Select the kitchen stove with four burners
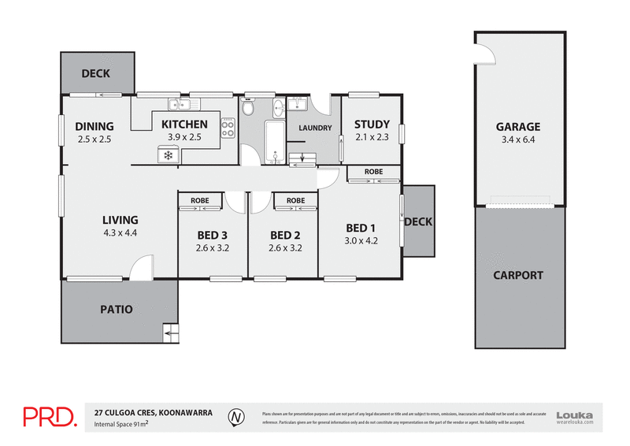pyautogui.click(x=228, y=128)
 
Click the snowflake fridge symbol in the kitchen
pyautogui.click(x=168, y=156)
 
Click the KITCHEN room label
pyautogui.click(x=184, y=125)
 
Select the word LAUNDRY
pyautogui.click(x=315, y=128)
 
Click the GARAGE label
pyautogui.click(x=517, y=127)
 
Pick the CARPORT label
pyautogui.click(x=517, y=275)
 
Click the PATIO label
pyautogui.click(x=117, y=310)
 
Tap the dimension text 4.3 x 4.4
pyautogui.click(x=120, y=232)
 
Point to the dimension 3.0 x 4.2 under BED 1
pyautogui.click(x=361, y=241)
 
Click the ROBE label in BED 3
pyautogui.click(x=200, y=201)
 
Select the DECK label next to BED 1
pyautogui.click(x=418, y=221)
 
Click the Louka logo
pyautogui.click(x=574, y=416)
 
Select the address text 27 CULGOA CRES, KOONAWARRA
pyautogui.click(x=153, y=411)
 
